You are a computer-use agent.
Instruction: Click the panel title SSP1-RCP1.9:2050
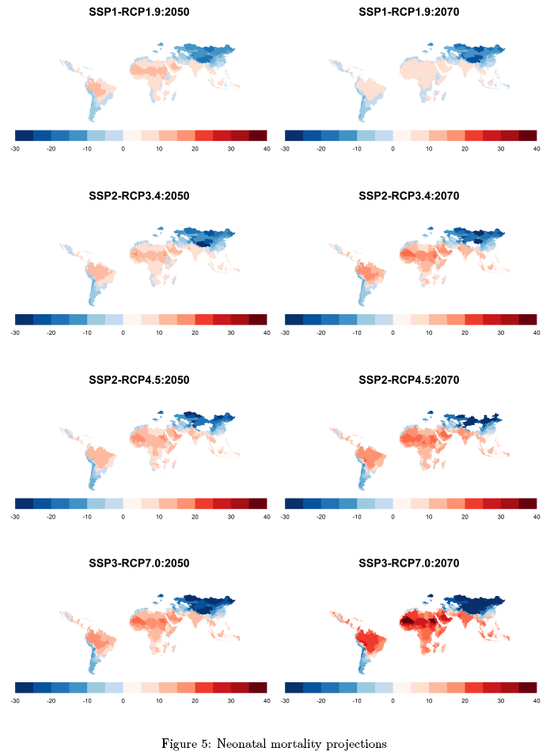pyautogui.click(x=139, y=13)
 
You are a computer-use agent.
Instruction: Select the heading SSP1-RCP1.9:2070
pyautogui.click(x=409, y=13)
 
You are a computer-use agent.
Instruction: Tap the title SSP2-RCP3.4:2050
pyautogui.click(x=139, y=195)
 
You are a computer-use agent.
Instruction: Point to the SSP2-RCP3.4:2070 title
pyautogui.click(x=409, y=195)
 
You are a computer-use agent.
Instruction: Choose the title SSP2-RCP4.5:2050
pyautogui.click(x=139, y=380)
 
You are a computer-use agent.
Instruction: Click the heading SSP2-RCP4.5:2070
pyautogui.click(x=409, y=380)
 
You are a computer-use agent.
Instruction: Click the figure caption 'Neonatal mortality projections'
pyautogui.click(x=275, y=743)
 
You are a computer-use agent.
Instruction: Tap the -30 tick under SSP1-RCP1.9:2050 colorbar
pyautogui.click(x=15, y=148)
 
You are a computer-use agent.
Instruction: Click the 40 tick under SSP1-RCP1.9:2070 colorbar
pyautogui.click(x=537, y=148)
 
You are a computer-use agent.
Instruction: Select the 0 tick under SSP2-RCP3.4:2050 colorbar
pyautogui.click(x=123, y=332)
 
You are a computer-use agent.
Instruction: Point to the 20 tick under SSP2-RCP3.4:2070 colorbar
pyautogui.click(x=465, y=332)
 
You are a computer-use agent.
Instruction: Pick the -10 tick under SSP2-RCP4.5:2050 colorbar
pyautogui.click(x=87, y=517)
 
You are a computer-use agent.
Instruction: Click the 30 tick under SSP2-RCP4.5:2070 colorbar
pyautogui.click(x=501, y=517)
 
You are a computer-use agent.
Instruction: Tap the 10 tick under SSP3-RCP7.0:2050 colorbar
pyautogui.click(x=159, y=701)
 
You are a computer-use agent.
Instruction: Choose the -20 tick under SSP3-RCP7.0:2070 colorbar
pyautogui.click(x=321, y=701)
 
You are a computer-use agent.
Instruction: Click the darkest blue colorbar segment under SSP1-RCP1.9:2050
pyautogui.click(x=24, y=135)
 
